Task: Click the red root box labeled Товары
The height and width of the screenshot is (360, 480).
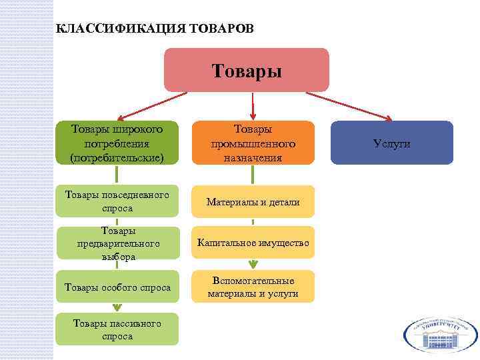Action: click(x=246, y=70)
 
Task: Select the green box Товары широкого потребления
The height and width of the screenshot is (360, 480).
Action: click(x=117, y=142)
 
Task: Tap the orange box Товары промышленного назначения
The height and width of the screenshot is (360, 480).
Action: click(x=253, y=142)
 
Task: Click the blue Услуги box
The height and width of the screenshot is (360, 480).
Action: click(x=392, y=143)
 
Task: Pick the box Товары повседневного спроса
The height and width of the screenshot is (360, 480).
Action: click(x=117, y=201)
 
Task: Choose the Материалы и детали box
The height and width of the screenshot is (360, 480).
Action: click(x=253, y=201)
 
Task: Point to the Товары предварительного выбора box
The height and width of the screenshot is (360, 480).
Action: click(x=117, y=243)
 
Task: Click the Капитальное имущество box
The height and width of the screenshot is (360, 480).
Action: click(x=253, y=243)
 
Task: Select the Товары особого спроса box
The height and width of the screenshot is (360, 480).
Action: click(x=117, y=287)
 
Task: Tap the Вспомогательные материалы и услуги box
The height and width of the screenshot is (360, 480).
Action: click(x=253, y=287)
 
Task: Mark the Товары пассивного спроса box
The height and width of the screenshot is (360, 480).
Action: click(x=117, y=329)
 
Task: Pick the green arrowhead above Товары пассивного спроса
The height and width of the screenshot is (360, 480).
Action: click(x=117, y=307)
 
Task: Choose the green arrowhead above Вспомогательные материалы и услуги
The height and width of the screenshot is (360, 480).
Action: click(x=253, y=264)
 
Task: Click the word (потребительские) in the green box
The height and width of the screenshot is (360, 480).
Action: click(x=117, y=157)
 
